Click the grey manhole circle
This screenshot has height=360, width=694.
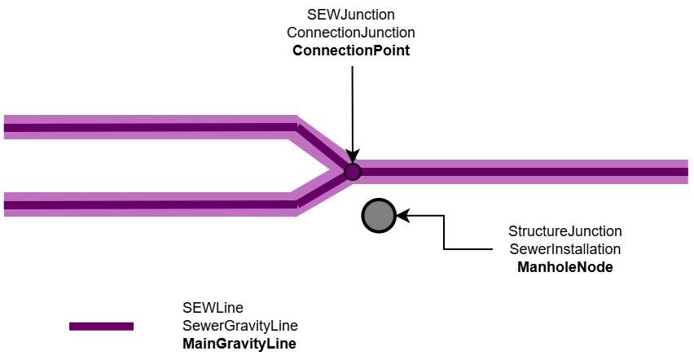pyautogui.click(x=379, y=216)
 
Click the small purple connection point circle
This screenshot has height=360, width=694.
pyautogui.click(x=352, y=171)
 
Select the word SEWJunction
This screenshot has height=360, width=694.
pyautogui.click(x=351, y=15)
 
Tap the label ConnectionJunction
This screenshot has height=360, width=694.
pyautogui.click(x=351, y=33)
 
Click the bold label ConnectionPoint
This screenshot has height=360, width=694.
pyautogui.click(x=351, y=50)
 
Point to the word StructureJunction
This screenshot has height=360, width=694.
pyautogui.click(x=565, y=231)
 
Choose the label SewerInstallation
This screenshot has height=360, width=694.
pyautogui.click(x=565, y=249)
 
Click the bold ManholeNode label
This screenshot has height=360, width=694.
pyautogui.click(x=565, y=266)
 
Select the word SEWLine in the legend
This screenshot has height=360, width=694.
pyautogui.click(x=213, y=308)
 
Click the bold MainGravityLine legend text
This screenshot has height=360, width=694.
pyautogui.click(x=239, y=344)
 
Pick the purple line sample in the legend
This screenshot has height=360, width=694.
pyautogui.click(x=101, y=326)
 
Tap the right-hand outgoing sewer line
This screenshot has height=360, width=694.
pyautogui.click(x=521, y=171)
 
